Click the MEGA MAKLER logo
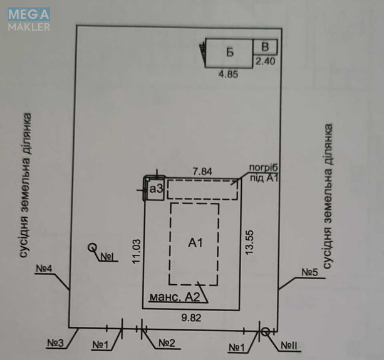29,19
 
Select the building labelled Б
229,53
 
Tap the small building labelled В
265,47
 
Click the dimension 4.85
228,74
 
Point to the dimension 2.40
266,61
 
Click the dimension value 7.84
202,172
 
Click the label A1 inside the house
195,243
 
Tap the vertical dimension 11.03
137,251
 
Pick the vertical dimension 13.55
249,242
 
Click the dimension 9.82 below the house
191,318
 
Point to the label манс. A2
175,297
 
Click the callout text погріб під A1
264,173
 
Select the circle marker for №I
92,247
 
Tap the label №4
44,269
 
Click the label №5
309,272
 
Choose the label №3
55,343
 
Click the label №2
167,343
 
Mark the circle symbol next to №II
266,332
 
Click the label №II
289,346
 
